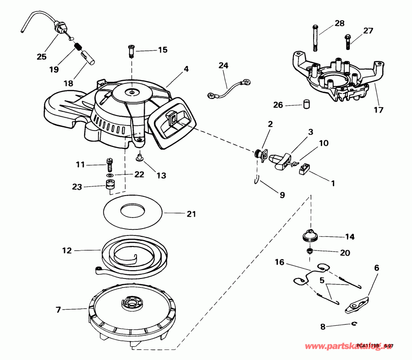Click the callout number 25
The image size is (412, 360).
pyautogui.click(x=42, y=57)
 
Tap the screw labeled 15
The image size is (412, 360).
pyautogui.click(x=131, y=51)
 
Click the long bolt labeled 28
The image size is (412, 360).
pyautogui.click(x=315, y=37)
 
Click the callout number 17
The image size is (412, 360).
pyautogui.click(x=378, y=110)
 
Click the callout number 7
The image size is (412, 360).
pyautogui.click(x=58, y=310)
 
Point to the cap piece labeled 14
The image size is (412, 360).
pyautogui.click(x=311, y=236)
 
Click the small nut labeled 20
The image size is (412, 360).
pyautogui.click(x=310, y=251)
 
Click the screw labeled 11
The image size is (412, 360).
pyautogui.click(x=109, y=162)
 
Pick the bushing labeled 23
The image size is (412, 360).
pyautogui.click(x=109, y=186)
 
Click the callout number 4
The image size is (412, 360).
pyautogui.click(x=186, y=70)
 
